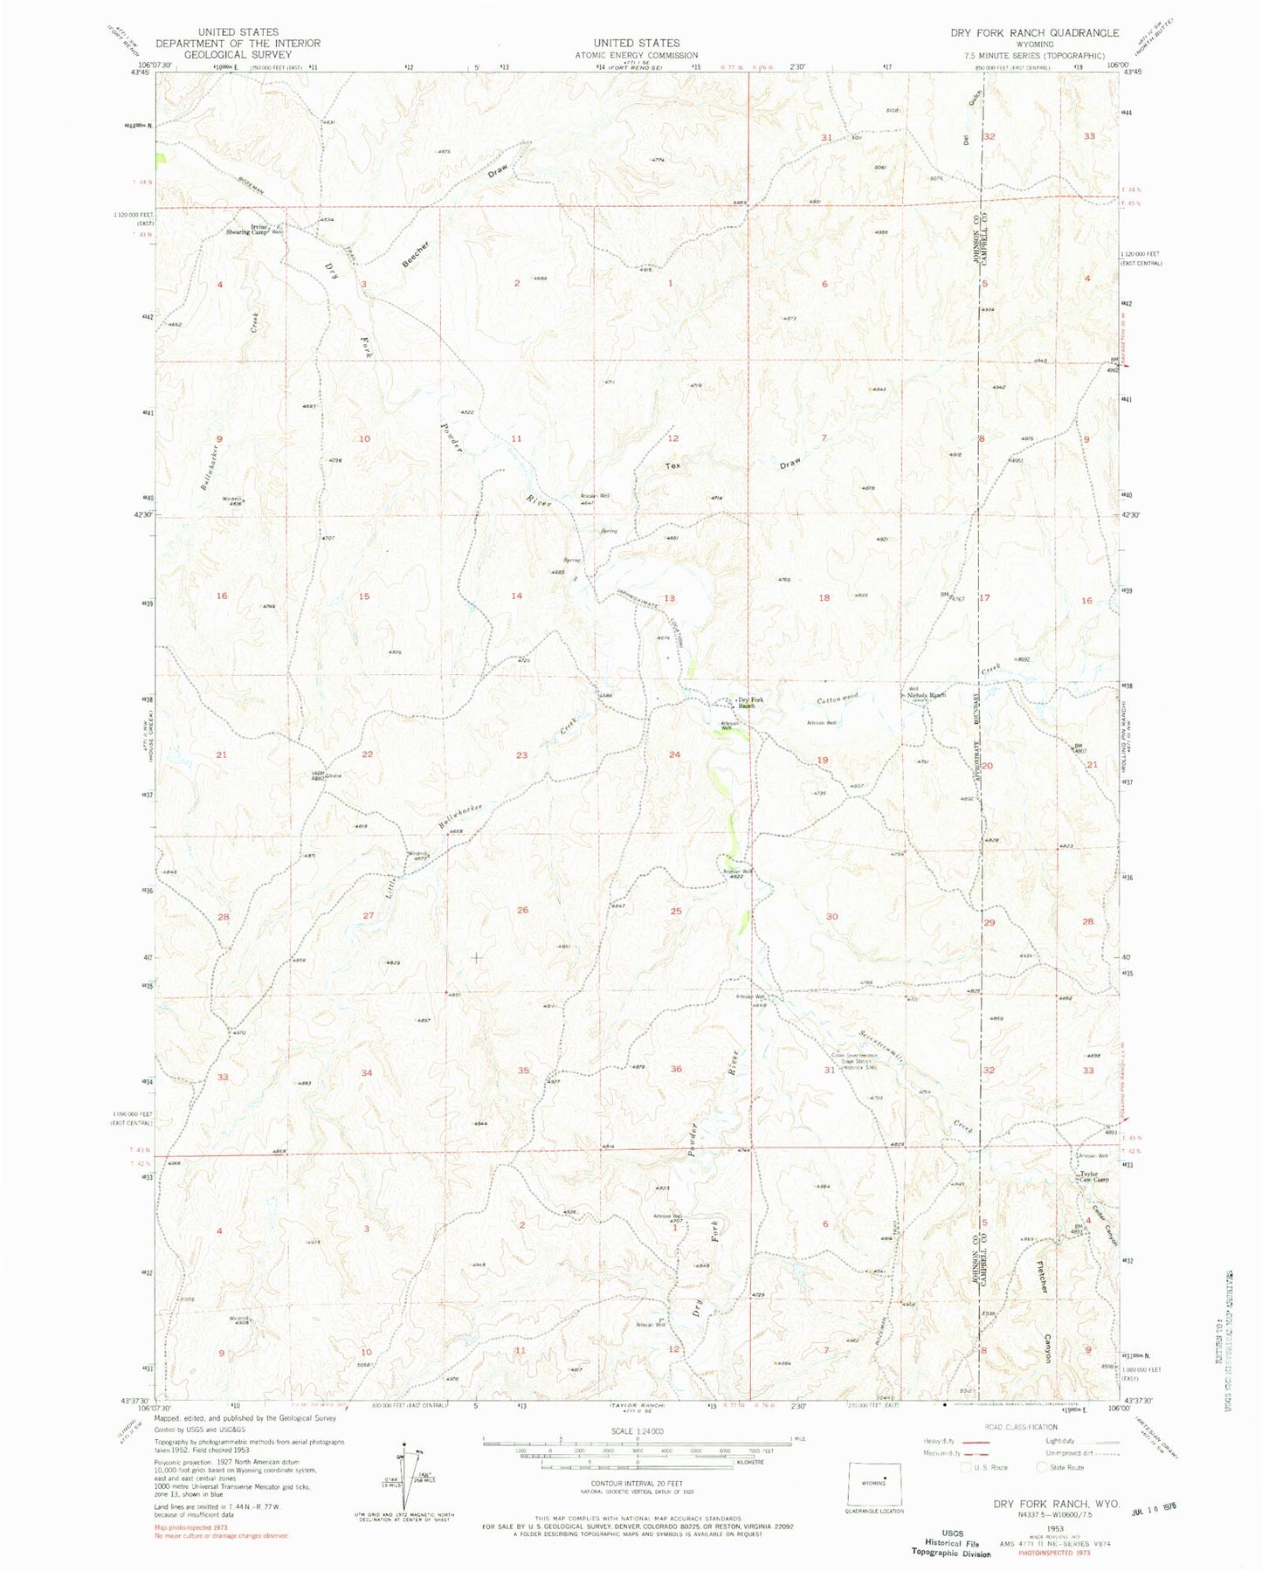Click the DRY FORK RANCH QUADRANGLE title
point(1034,33)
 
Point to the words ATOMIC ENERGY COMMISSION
point(636,55)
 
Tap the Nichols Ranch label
point(926,695)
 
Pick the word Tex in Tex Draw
point(672,465)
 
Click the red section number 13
point(670,598)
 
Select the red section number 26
point(522,910)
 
